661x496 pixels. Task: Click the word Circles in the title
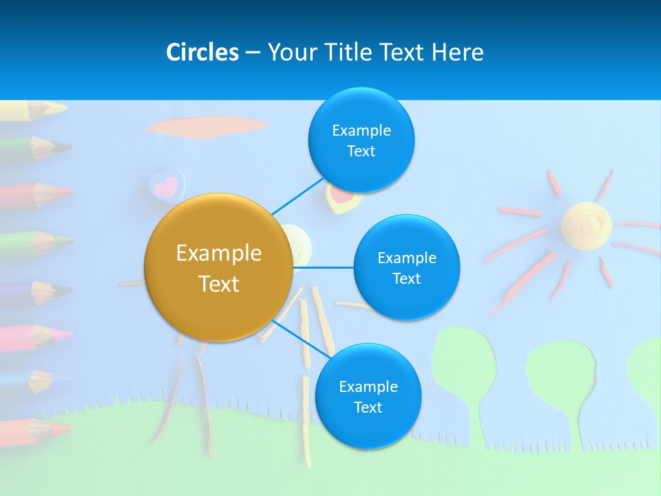202,52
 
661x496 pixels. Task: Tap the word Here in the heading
457,52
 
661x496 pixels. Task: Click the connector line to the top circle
297,196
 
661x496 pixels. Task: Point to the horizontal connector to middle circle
324,267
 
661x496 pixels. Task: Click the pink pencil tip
63,335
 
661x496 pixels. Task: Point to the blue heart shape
166,185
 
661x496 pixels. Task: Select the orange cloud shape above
207,126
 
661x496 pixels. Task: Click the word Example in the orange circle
219,254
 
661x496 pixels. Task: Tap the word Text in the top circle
361,152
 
